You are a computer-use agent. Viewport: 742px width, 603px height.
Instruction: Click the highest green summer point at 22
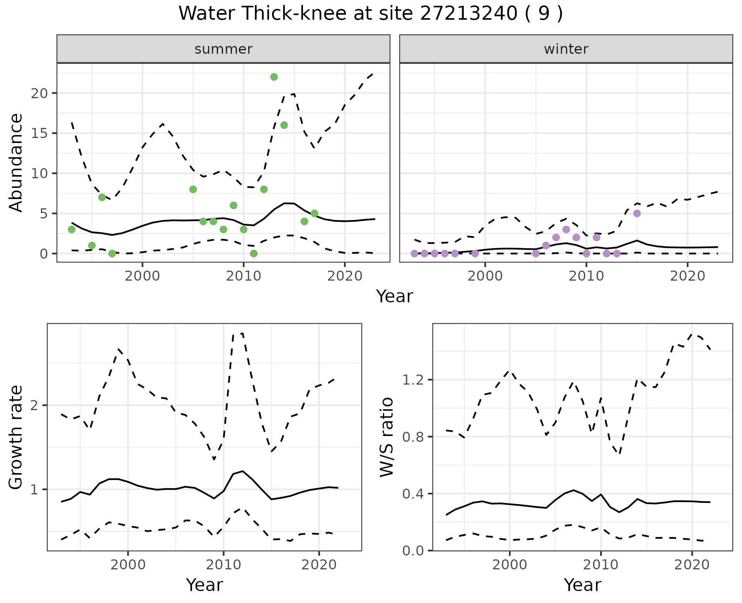point(274,77)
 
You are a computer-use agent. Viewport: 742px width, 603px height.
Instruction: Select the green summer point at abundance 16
point(284,125)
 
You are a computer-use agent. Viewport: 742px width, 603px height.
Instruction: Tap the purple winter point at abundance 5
point(637,213)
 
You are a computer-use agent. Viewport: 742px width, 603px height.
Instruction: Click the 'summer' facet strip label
point(223,49)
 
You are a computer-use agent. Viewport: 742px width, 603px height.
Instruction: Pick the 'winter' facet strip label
point(566,49)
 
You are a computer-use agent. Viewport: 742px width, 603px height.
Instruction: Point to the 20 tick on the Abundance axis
point(43,93)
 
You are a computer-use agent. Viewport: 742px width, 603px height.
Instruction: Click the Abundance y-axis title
point(16,162)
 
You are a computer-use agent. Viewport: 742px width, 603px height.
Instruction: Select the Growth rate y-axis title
point(16,437)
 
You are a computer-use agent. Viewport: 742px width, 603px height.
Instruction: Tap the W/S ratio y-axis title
point(386,437)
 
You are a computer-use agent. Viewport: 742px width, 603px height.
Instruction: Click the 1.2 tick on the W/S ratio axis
point(414,380)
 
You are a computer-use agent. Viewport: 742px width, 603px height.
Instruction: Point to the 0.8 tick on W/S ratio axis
point(414,437)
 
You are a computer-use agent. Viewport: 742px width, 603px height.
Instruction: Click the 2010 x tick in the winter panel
point(587,276)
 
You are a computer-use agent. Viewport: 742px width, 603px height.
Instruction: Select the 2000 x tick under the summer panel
point(143,276)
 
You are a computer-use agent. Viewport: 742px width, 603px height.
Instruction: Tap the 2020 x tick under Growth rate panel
point(319,565)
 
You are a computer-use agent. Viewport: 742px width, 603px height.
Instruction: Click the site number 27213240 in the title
point(468,14)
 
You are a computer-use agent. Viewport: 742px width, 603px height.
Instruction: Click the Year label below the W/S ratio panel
point(582,585)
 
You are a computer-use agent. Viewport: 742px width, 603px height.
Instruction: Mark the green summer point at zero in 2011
point(254,254)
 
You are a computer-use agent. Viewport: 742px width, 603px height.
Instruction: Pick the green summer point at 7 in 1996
point(102,197)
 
